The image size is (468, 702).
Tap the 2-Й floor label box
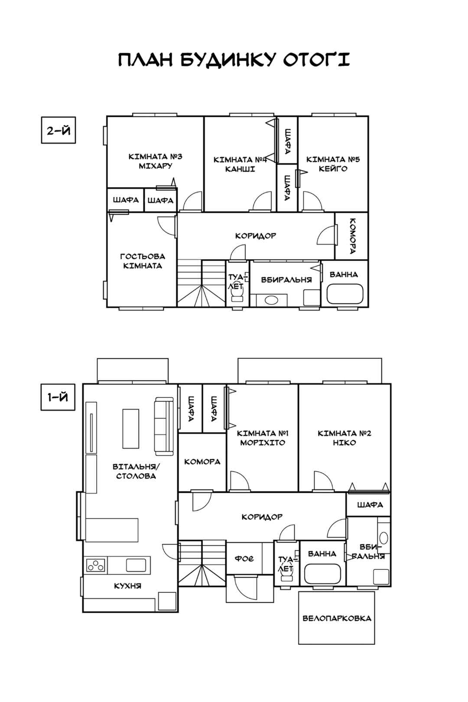point(58,130)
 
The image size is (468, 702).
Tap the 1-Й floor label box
point(58,397)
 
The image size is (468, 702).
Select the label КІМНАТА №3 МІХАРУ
point(156,161)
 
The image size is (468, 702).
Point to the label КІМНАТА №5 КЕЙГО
point(333,164)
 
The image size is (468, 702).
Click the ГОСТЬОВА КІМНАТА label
point(143,261)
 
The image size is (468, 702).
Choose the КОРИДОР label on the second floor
point(256,236)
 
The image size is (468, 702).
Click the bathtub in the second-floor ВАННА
point(345,294)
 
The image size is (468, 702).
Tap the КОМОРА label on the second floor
point(353,236)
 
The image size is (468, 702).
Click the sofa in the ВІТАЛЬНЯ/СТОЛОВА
point(164,426)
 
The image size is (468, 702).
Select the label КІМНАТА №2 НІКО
point(344,438)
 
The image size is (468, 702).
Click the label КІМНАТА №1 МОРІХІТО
point(262,438)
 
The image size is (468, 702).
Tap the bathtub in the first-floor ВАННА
point(322,574)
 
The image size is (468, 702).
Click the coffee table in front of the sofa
point(131,429)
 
